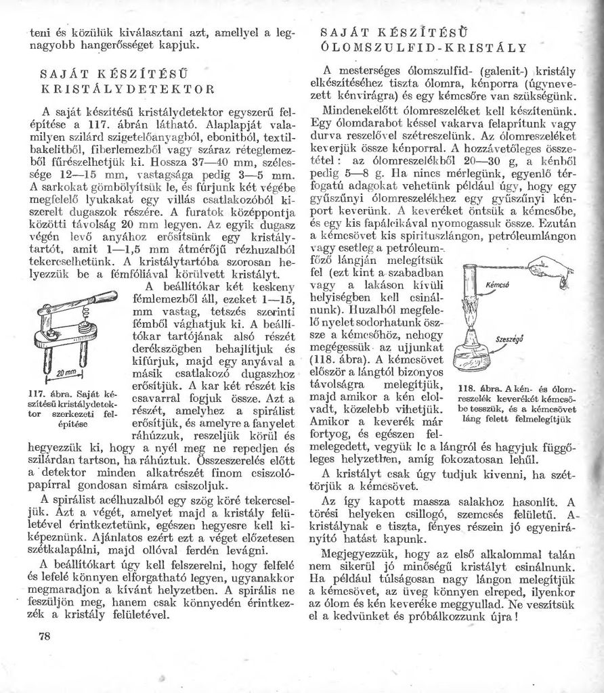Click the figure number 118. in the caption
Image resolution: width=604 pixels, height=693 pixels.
click(471, 389)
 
